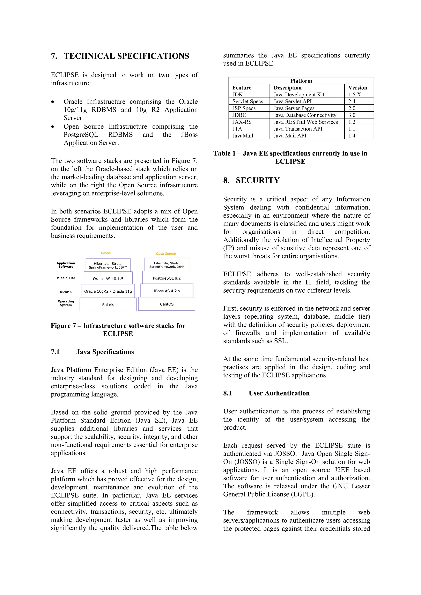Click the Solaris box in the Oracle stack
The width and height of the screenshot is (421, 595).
[x=108, y=304]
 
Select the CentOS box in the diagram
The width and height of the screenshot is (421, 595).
[x=167, y=304]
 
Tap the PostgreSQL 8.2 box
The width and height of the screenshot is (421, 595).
[x=167, y=278]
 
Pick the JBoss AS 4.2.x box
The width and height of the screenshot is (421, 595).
[x=167, y=291]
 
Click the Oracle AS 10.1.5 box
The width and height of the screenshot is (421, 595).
[x=108, y=279]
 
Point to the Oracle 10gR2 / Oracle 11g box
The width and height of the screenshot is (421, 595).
[x=108, y=291]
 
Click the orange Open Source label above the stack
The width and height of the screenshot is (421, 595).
[x=166, y=254]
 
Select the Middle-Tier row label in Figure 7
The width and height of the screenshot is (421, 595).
[x=66, y=278]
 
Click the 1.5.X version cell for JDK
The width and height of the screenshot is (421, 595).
[x=354, y=95]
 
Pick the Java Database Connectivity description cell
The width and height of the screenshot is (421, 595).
[x=305, y=115]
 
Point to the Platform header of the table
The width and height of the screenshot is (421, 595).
[x=301, y=81]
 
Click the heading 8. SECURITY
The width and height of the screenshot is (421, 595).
[x=251, y=180]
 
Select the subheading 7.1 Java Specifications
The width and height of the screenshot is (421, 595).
[x=92, y=352]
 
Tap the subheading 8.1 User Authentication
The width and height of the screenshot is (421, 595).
[x=266, y=393]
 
